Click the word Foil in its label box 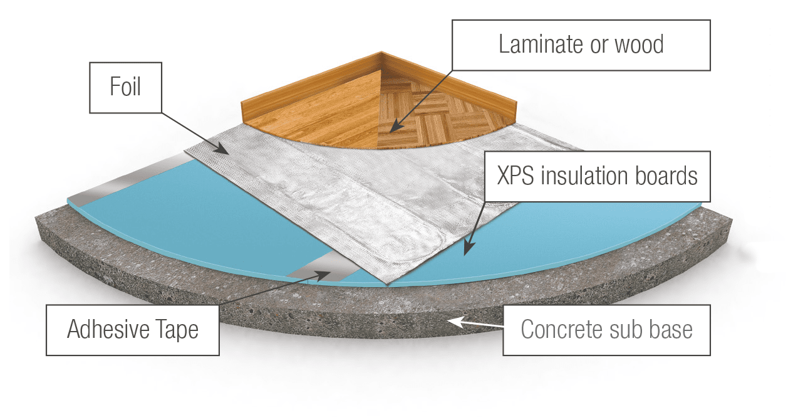pos(125,87)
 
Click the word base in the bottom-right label pos(670,330)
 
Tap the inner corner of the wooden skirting pos(381,67)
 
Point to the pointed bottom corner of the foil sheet pos(389,283)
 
